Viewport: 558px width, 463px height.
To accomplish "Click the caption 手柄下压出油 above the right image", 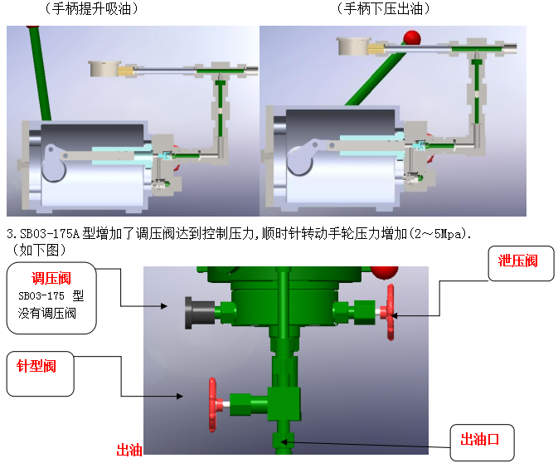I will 384,9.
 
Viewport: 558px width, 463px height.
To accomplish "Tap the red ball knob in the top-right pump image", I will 411,38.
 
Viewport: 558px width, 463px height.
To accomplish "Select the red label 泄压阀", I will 518,261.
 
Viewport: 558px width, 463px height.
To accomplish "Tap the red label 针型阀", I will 37,366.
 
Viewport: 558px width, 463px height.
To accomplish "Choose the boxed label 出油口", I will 483,437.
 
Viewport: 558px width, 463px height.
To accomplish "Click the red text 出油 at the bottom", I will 130,450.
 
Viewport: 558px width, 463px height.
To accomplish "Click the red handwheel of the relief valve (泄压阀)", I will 389,311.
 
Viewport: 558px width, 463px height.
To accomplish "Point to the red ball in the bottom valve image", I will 383,272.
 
